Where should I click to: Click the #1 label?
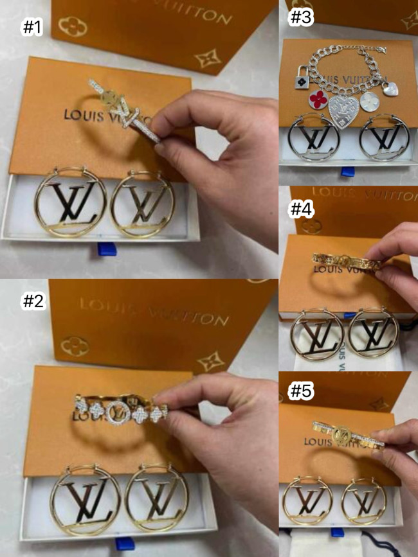pos(32,27)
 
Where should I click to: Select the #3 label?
pos(300,17)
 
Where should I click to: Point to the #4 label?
pos(300,209)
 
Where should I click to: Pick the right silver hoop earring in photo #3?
pos(384,139)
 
